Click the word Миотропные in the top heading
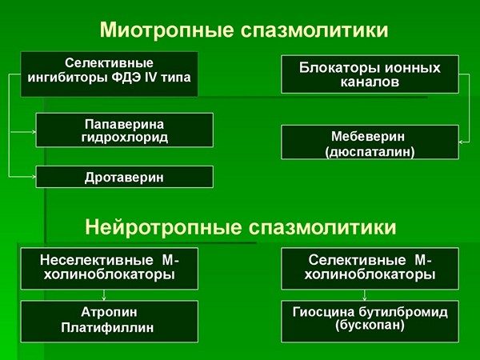(167, 30)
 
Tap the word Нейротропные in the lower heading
(163, 227)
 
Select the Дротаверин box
(125, 177)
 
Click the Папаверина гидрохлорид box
(125, 130)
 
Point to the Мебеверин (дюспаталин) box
(370, 142)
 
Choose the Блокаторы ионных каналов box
(370, 74)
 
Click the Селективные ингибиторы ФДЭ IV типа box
(110, 74)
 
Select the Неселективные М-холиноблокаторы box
(110, 269)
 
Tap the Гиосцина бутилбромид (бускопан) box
(370, 322)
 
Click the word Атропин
(110, 313)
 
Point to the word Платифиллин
(107, 328)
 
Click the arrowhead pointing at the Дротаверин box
(34, 177)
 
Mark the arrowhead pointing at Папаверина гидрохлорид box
(34, 132)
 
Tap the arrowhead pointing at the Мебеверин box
(461, 142)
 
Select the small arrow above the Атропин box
(104, 295)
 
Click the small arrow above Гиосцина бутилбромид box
(364, 295)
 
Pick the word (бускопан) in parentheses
(370, 325)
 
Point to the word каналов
(370, 82)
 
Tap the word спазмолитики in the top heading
(314, 30)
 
